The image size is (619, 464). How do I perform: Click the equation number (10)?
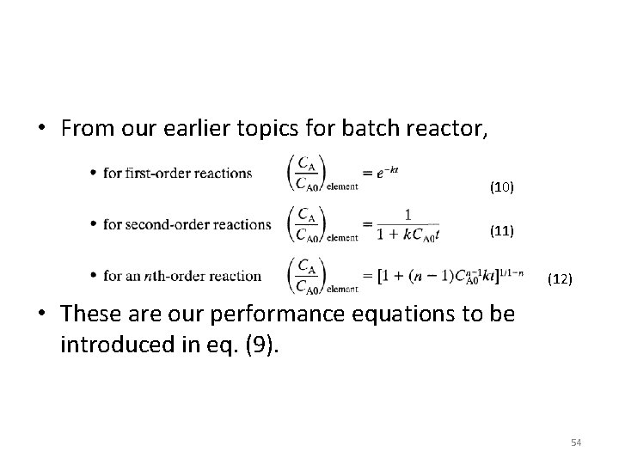tap(501, 186)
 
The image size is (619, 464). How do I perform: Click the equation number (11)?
tap(501, 231)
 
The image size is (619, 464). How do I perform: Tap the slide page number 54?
tap(576, 442)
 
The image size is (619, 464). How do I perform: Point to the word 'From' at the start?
tap(89, 129)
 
